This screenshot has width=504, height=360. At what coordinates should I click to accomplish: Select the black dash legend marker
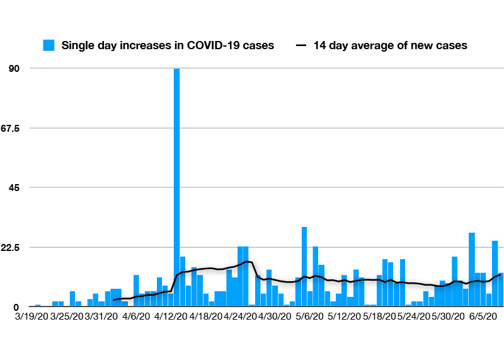click(x=302, y=45)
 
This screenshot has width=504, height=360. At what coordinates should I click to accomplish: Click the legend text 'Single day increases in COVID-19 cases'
click(x=168, y=45)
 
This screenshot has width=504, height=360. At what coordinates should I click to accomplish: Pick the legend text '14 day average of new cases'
click(x=390, y=45)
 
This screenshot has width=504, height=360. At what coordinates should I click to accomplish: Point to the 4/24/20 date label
click(x=241, y=316)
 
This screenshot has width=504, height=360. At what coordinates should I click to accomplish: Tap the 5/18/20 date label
click(x=379, y=316)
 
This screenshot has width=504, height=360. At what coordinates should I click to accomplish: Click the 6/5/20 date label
click(x=483, y=316)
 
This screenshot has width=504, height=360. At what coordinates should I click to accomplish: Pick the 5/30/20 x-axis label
click(x=449, y=316)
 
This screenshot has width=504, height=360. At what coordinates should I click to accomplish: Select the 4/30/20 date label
click(x=275, y=316)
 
